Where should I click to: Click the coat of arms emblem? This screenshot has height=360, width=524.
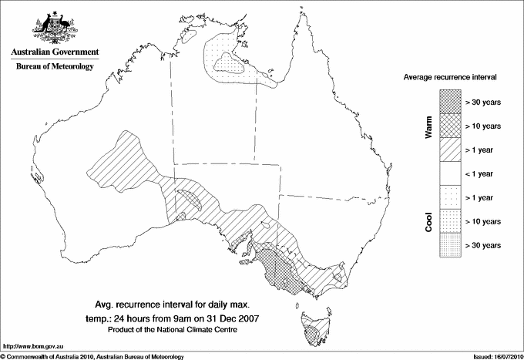pyautogui.click(x=54, y=29)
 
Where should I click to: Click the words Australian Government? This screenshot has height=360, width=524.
pyautogui.click(x=54, y=53)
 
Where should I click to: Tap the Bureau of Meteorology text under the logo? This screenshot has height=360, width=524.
pyautogui.click(x=54, y=67)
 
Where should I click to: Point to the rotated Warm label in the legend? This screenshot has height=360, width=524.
pyautogui.click(x=428, y=126)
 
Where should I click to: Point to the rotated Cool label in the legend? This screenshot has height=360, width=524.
pyautogui.click(x=428, y=221)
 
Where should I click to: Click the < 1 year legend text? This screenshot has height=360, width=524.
pyautogui.click(x=483, y=173)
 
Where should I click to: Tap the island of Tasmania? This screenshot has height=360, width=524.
pyautogui.click(x=313, y=329)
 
